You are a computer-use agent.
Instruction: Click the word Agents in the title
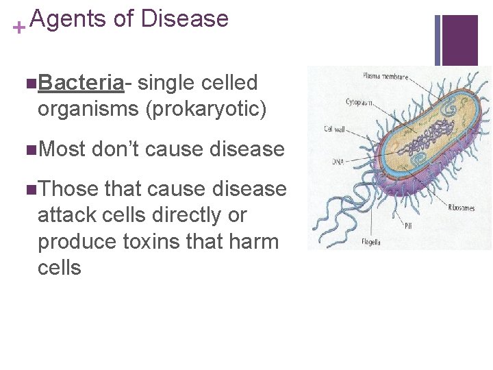coord(68,18)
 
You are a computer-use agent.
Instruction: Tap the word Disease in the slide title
coord(184,18)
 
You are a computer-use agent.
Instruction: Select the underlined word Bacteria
coord(81,83)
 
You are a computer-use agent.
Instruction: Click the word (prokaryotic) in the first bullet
coord(202,109)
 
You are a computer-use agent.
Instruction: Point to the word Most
coord(62,149)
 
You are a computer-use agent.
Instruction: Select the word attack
coord(69,215)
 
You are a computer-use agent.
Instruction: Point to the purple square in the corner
coord(460,40)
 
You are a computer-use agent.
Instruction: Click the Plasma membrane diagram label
coord(385,76)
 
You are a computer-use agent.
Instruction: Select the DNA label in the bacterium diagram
coord(338,161)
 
